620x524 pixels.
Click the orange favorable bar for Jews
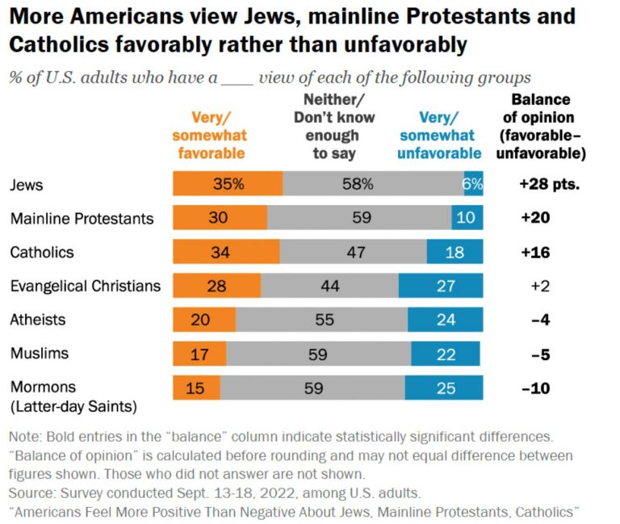[227, 184]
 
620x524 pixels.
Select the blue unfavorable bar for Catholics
[455, 252]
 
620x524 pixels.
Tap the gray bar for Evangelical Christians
[329, 286]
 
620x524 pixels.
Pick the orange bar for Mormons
[196, 388]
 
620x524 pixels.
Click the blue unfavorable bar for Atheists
[445, 320]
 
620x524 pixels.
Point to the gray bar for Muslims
[319, 354]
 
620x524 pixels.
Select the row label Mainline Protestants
[82, 218]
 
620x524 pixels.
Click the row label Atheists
[37, 320]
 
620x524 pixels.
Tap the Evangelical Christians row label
[86, 286]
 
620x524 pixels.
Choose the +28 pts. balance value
[550, 184]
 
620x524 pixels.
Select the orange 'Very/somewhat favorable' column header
[209, 135]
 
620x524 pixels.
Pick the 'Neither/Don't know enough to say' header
[333, 126]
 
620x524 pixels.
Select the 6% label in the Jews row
[472, 184]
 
